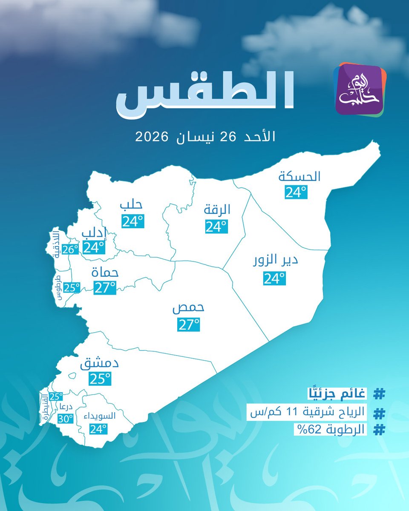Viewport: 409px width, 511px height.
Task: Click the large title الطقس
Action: click(x=205, y=98)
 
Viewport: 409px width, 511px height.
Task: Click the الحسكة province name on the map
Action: click(x=300, y=175)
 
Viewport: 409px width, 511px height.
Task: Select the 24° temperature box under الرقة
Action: click(x=216, y=226)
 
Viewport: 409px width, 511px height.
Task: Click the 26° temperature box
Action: click(x=70, y=250)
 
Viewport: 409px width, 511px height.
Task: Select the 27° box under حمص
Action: click(x=188, y=325)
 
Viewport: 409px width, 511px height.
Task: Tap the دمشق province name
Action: click(x=99, y=365)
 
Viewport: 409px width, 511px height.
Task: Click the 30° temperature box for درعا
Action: click(x=66, y=419)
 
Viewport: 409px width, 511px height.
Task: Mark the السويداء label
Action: click(x=98, y=416)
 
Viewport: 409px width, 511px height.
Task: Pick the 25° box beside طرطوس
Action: click(x=72, y=288)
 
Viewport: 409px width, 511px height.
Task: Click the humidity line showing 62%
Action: click(x=330, y=430)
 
